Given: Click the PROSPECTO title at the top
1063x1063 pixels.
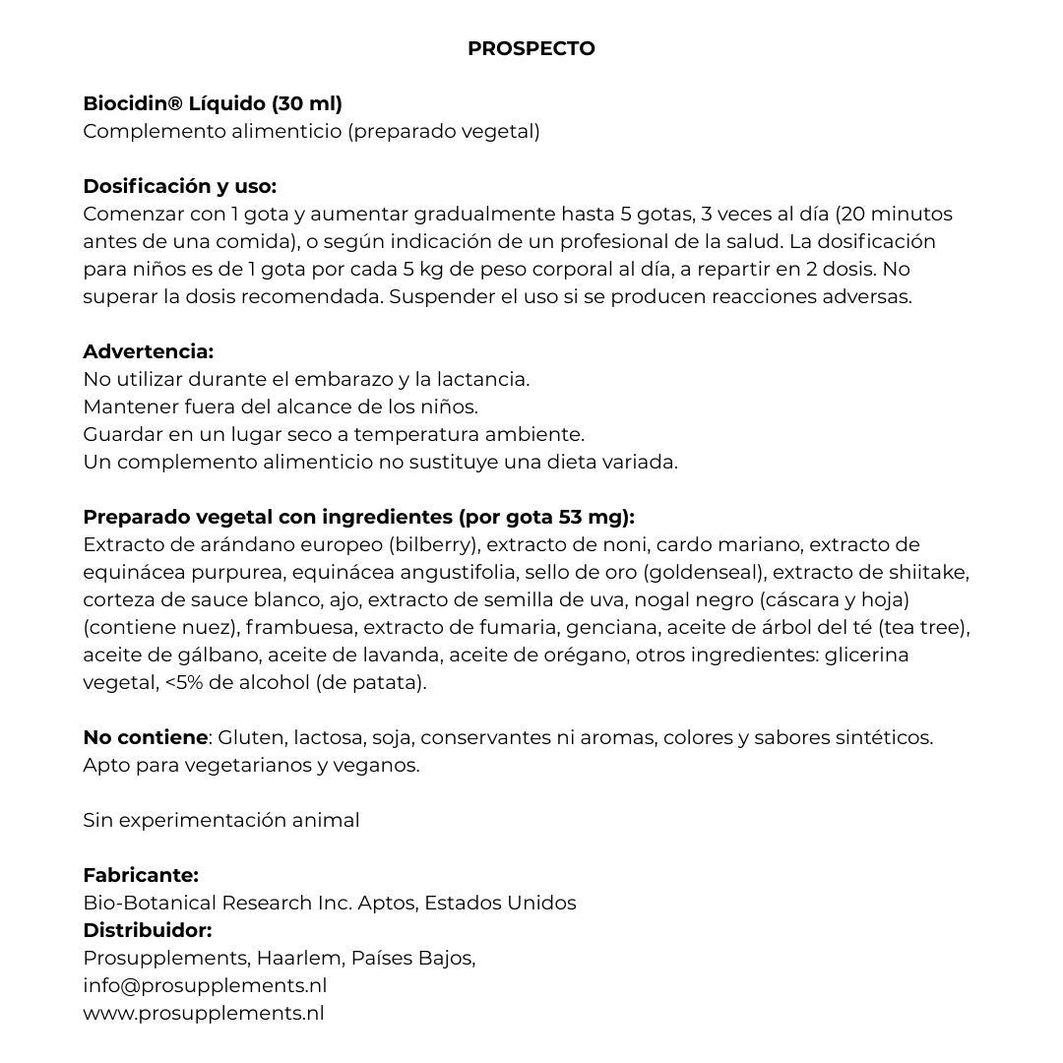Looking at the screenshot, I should (x=531, y=48).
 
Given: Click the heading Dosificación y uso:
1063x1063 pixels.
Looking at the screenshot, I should (x=179, y=186).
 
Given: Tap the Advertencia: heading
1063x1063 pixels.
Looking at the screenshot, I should (x=148, y=351).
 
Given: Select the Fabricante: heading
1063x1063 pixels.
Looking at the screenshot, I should (x=141, y=875).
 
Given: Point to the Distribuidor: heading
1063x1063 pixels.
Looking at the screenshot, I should (x=147, y=930).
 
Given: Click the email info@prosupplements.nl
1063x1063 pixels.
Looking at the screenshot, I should (x=205, y=985).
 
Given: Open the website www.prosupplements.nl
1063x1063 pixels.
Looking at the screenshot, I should (x=203, y=1013).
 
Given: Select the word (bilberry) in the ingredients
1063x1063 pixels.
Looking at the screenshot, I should (x=434, y=544).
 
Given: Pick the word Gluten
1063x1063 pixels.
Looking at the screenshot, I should (x=249, y=737).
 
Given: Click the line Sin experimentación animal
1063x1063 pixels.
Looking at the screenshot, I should (x=221, y=820).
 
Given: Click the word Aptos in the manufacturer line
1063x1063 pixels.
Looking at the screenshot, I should (x=386, y=903).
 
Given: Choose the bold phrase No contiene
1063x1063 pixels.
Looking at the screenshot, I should (x=145, y=737).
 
